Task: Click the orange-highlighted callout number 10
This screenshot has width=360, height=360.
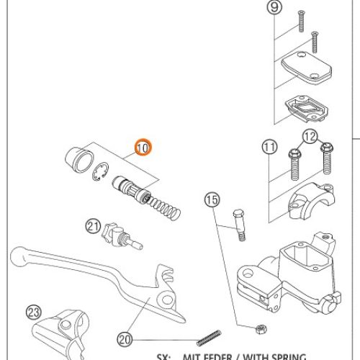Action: click(143, 148)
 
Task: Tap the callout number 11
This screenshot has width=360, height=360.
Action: click(269, 148)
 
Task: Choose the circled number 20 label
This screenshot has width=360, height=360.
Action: click(124, 338)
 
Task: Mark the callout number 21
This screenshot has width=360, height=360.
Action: click(93, 226)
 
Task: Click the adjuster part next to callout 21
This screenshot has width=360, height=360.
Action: click(115, 233)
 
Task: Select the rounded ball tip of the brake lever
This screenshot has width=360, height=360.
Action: click(20, 254)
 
